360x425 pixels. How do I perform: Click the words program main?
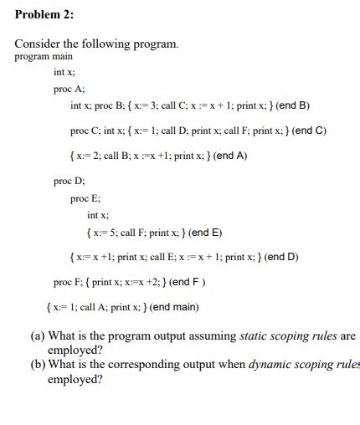(44, 56)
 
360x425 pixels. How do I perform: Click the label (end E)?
(204, 233)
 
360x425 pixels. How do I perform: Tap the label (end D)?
(281, 257)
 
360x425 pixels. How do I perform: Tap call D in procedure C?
(177, 131)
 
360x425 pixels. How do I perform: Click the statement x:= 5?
(105, 233)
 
